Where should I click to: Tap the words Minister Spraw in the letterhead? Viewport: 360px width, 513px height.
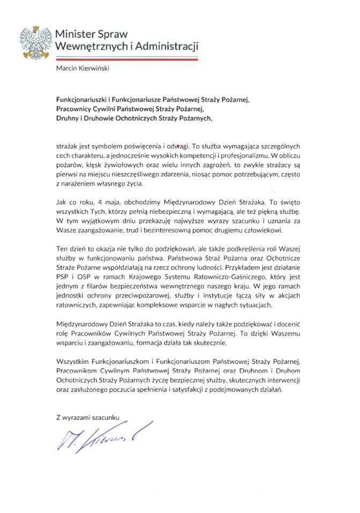click(93, 34)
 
